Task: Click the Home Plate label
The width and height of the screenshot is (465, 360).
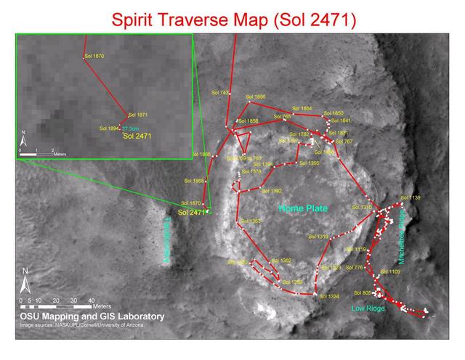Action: pyautogui.click(x=303, y=208)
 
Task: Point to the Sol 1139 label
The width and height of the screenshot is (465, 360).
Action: pyautogui.click(x=411, y=197)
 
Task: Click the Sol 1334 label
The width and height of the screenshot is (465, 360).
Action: pyautogui.click(x=329, y=296)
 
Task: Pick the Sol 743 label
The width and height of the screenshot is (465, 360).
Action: pyautogui.click(x=220, y=93)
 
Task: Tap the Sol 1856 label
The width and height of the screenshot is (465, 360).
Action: pyautogui.click(x=256, y=97)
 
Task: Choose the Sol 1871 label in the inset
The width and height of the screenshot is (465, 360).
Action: pyautogui.click(x=137, y=115)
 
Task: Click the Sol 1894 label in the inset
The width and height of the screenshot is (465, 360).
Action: pyautogui.click(x=109, y=128)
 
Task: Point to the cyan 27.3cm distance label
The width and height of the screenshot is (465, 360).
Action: pyautogui.click(x=132, y=128)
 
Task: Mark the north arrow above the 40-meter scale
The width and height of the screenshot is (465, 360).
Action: pyautogui.click(x=25, y=279)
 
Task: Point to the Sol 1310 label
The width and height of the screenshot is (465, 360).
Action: pyautogui.click(x=362, y=208)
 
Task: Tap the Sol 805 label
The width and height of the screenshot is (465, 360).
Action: pyautogui.click(x=363, y=292)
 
